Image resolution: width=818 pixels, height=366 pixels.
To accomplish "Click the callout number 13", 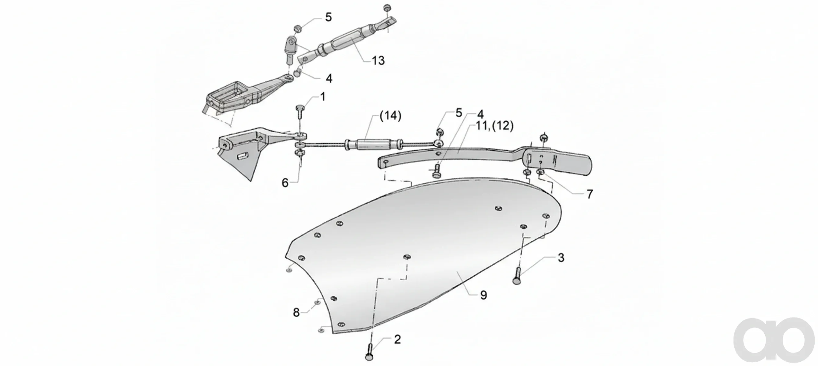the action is click(378, 60).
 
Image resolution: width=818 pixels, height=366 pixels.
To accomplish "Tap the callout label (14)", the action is click(391, 116).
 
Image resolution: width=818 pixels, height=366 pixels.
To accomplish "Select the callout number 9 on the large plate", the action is click(483, 295).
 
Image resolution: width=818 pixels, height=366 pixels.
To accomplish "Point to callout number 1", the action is click(323, 97).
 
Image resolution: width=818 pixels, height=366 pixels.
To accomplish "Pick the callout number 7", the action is click(590, 194).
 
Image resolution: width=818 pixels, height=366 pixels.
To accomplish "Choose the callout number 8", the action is click(296, 313).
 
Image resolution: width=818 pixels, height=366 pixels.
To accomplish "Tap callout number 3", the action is click(561, 258).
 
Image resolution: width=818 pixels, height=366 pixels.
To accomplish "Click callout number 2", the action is click(397, 340).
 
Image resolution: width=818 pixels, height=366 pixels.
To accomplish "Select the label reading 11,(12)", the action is click(494, 126).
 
